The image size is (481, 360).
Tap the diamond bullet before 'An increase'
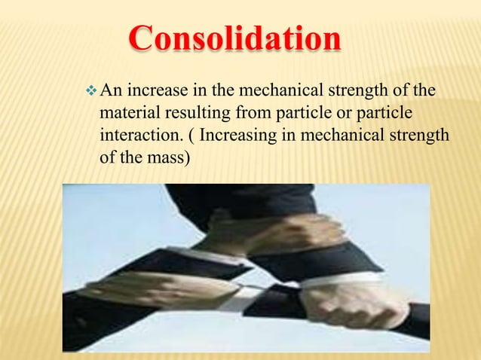click(93, 92)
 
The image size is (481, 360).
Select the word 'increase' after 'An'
click(156, 93)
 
